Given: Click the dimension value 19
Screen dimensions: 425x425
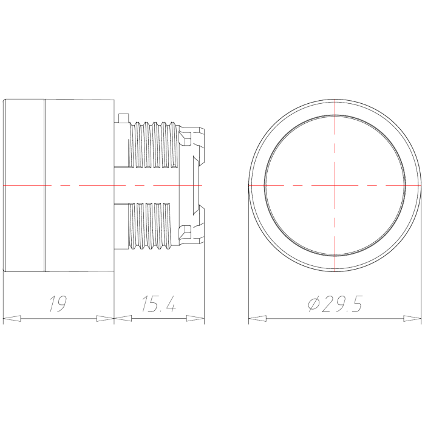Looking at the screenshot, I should pyautogui.click(x=58, y=304).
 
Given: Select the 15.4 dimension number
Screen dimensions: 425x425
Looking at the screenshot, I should pyautogui.click(x=159, y=304).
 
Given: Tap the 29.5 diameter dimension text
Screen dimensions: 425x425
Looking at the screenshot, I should pyautogui.click(x=342, y=304).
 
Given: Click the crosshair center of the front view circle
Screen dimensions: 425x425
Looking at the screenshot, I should pyautogui.click(x=335, y=184).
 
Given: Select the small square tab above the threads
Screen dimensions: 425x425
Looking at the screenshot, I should pyautogui.click(x=123, y=117).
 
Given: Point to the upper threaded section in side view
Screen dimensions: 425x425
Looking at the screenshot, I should pyautogui.click(x=155, y=144).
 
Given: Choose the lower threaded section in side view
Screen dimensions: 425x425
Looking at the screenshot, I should pyautogui.click(x=155, y=226).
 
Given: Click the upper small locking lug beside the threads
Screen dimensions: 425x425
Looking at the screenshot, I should pyautogui.click(x=186, y=139).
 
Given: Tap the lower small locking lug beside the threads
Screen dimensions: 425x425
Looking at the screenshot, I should pyautogui.click(x=186, y=230).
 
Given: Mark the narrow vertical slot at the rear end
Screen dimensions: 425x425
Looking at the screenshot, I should pyautogui.click(x=197, y=184).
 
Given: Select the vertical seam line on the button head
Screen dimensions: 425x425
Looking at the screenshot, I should pyautogui.click(x=44, y=184).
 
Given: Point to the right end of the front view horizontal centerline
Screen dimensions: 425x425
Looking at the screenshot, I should pyautogui.click(x=420, y=184).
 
